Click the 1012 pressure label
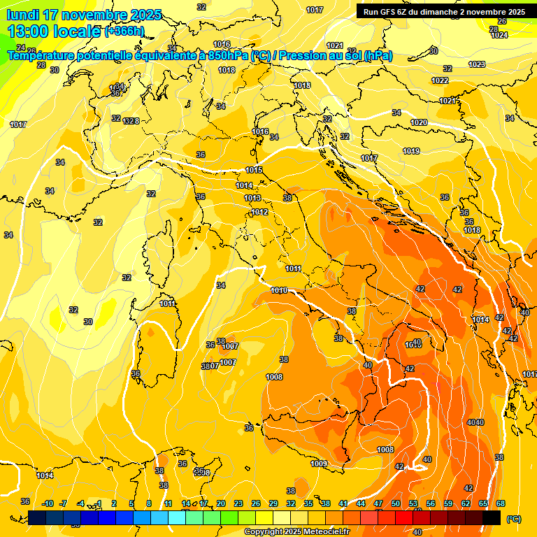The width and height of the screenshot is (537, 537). [259, 212]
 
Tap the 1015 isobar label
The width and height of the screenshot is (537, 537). [254, 170]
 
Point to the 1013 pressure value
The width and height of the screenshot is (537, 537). [252, 199]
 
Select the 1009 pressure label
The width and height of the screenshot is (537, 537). [319, 464]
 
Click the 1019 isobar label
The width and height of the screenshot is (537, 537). [411, 151]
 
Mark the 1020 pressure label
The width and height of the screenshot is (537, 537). [419, 122]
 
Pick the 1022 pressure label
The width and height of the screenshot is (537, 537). [440, 80]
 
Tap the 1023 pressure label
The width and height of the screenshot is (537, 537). [476, 64]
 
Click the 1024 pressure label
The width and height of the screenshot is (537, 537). [499, 35]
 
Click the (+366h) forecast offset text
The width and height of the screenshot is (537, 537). [124, 31]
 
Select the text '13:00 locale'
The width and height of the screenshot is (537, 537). [53, 31]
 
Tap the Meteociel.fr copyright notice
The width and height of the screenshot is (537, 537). [296, 532]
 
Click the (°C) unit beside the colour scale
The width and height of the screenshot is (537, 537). [513, 518]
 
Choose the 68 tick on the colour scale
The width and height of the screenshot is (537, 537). [501, 503]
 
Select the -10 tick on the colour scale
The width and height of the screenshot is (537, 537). [48, 503]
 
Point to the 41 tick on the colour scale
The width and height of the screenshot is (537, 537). [343, 503]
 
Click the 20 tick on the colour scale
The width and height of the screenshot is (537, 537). [221, 503]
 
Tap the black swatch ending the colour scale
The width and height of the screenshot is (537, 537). [492, 517]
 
